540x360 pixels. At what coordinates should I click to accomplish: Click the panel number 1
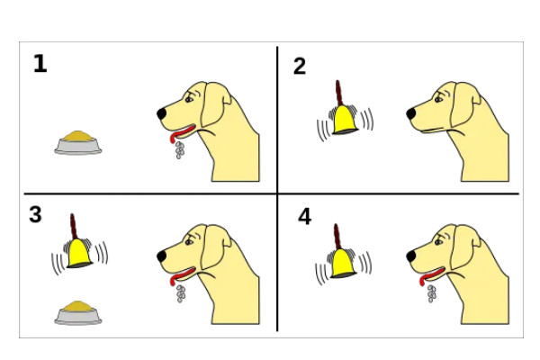pyautogui.click(x=40, y=63)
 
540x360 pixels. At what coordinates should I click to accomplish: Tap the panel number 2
pyautogui.click(x=300, y=66)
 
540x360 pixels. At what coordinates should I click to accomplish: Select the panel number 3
pyautogui.click(x=35, y=214)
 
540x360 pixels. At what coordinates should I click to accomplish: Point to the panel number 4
pyautogui.click(x=305, y=217)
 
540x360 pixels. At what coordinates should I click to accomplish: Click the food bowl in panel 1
pyautogui.click(x=78, y=142)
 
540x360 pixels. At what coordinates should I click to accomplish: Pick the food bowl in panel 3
pyautogui.click(x=78, y=313)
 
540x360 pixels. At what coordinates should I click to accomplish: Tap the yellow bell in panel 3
pyautogui.click(x=79, y=254)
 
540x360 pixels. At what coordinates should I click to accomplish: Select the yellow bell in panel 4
pyautogui.click(x=343, y=264)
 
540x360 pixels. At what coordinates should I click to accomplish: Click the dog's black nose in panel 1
pyautogui.click(x=162, y=113)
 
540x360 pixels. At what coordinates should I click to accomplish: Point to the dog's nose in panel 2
pyautogui.click(x=411, y=113)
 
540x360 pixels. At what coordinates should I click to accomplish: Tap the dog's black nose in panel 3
pyautogui.click(x=162, y=256)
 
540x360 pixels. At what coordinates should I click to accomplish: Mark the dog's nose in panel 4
pyautogui.click(x=411, y=256)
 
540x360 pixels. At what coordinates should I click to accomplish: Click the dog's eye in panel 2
pyautogui.click(x=438, y=100)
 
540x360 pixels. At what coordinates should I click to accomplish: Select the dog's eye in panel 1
pyautogui.click(x=189, y=100)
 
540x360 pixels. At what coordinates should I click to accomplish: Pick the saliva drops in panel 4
pyautogui.click(x=431, y=293)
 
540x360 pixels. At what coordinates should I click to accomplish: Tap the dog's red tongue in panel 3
pyautogui.click(x=182, y=274)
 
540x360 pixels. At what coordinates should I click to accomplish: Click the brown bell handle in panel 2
pyautogui.click(x=339, y=94)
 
